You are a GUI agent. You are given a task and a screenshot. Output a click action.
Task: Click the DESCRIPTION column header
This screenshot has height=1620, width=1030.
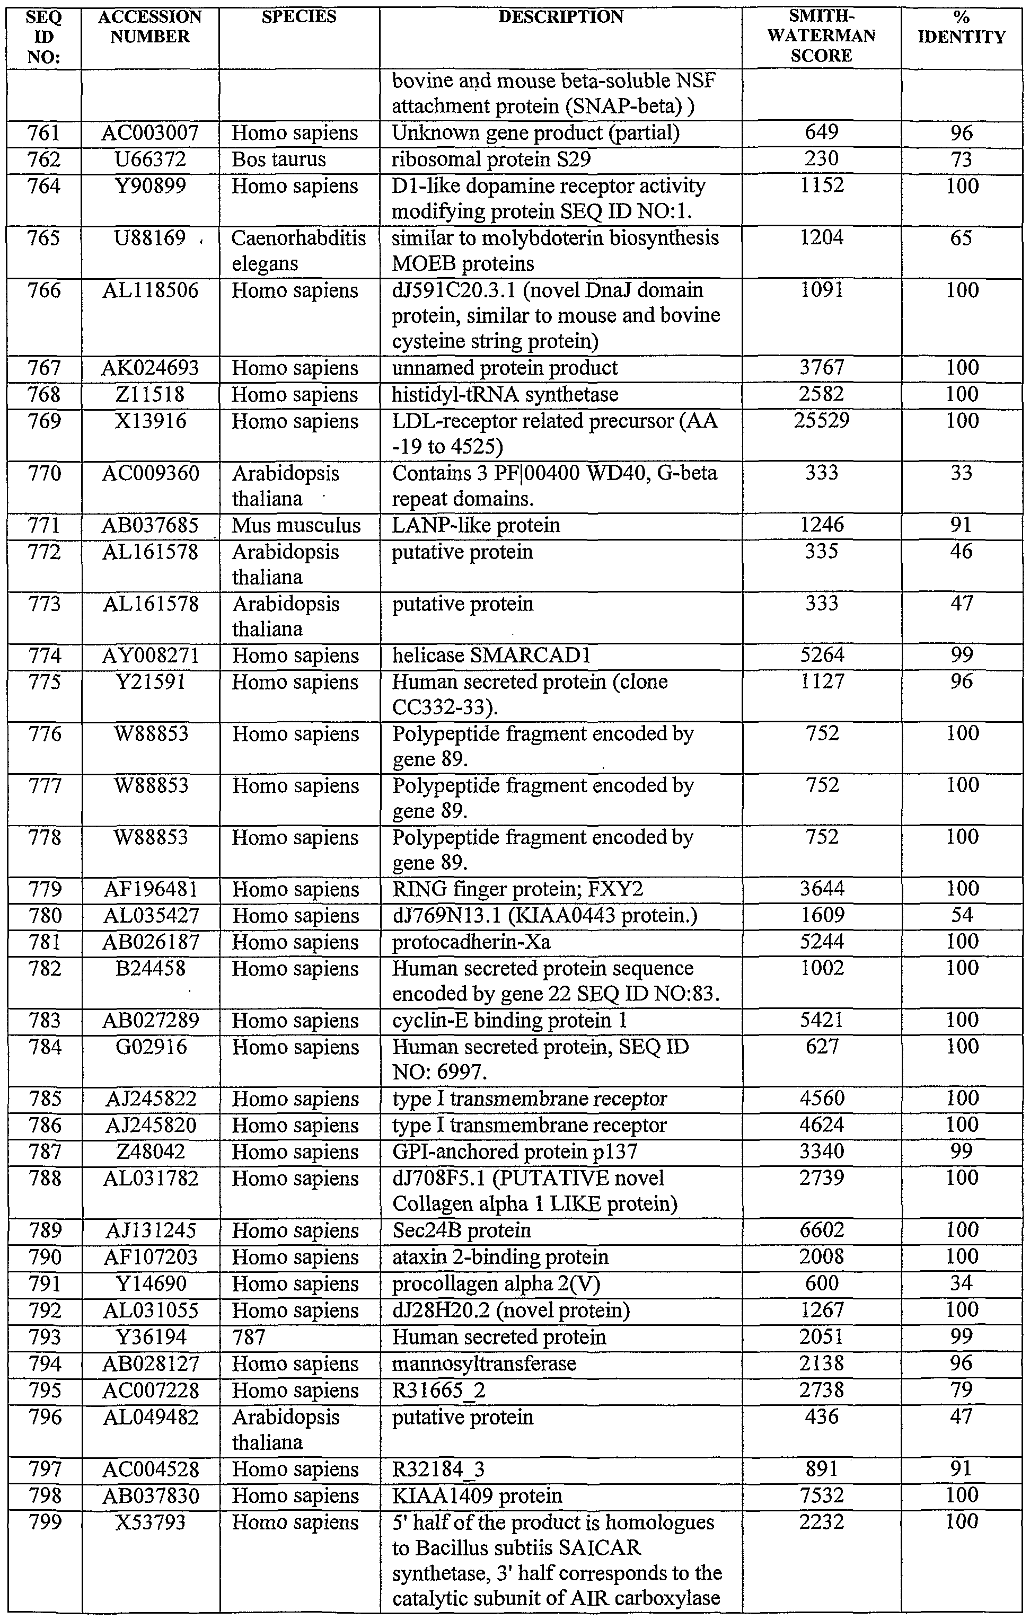pyautogui.click(x=560, y=17)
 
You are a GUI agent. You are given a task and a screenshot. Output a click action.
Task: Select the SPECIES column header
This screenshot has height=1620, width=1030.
pyautogui.click(x=298, y=17)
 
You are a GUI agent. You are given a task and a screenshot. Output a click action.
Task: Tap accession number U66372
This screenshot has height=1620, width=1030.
pyautogui.click(x=150, y=160)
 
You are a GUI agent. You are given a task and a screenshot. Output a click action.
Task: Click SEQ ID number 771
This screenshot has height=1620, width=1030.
pyautogui.click(x=45, y=525)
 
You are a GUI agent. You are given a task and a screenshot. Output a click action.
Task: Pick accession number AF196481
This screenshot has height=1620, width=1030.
pyautogui.click(x=150, y=889)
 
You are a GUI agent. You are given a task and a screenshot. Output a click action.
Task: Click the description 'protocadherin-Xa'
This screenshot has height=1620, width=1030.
pyautogui.click(x=471, y=942)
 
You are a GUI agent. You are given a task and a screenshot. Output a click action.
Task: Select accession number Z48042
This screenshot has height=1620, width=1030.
pyautogui.click(x=150, y=1152)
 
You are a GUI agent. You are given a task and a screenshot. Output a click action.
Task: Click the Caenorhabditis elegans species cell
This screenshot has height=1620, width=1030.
pyautogui.click(x=298, y=250)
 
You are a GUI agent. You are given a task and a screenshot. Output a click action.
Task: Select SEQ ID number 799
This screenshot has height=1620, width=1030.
pyautogui.click(x=45, y=1522)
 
